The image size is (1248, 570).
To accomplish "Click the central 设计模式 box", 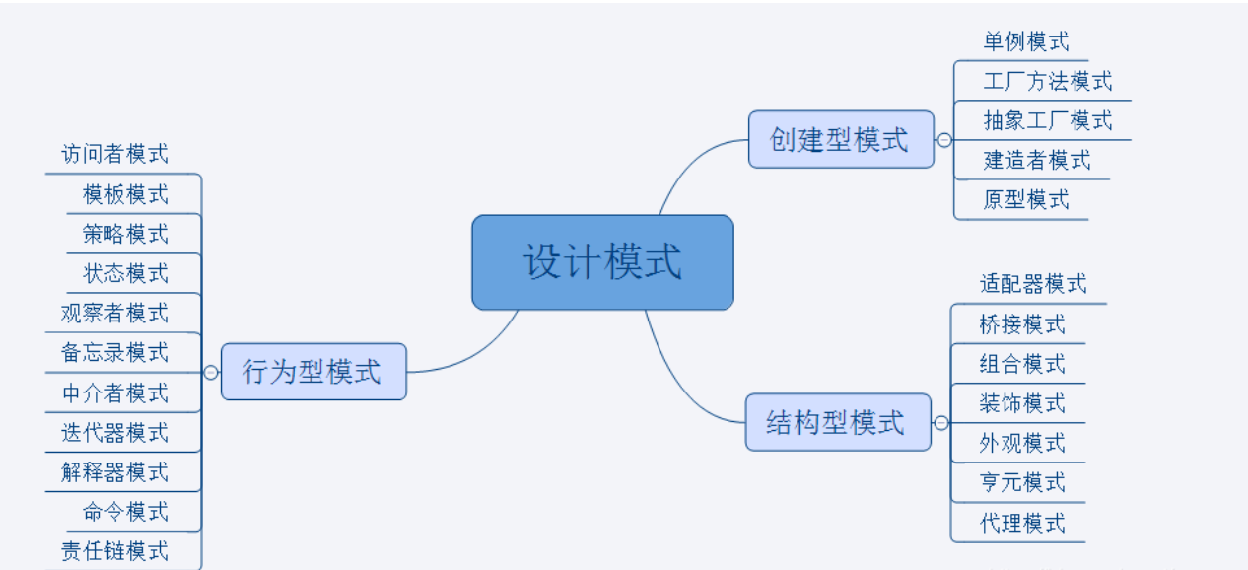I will coord(602,262).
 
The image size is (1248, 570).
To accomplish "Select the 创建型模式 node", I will coord(840,139).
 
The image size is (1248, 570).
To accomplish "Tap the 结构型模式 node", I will coord(837,422).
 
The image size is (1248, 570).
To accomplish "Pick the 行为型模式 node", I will coord(312,372).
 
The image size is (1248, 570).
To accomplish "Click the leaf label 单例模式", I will coord(1025,41).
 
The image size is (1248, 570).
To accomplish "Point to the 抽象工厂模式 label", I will coord(1047,120).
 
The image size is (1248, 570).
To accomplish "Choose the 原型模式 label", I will coord(1025,199).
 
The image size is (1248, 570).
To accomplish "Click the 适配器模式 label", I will coord(1033,284).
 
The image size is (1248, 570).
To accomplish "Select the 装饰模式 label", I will coord(1022,402).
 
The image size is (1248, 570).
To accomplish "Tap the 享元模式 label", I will coord(1022,482).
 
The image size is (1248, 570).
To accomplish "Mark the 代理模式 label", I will coord(1022,522).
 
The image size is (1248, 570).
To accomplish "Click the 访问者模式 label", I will coord(114,154).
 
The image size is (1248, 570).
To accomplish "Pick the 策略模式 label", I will coord(125,234).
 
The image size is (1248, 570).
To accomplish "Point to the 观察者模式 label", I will coord(114,313).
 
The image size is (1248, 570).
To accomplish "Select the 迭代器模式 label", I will coord(114,432).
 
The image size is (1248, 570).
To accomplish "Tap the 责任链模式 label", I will coord(114,550).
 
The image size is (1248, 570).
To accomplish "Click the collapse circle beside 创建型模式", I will coord(944,140).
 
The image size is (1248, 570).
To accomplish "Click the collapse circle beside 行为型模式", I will coord(210,373).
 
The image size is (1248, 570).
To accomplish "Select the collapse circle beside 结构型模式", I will coord(941,423).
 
